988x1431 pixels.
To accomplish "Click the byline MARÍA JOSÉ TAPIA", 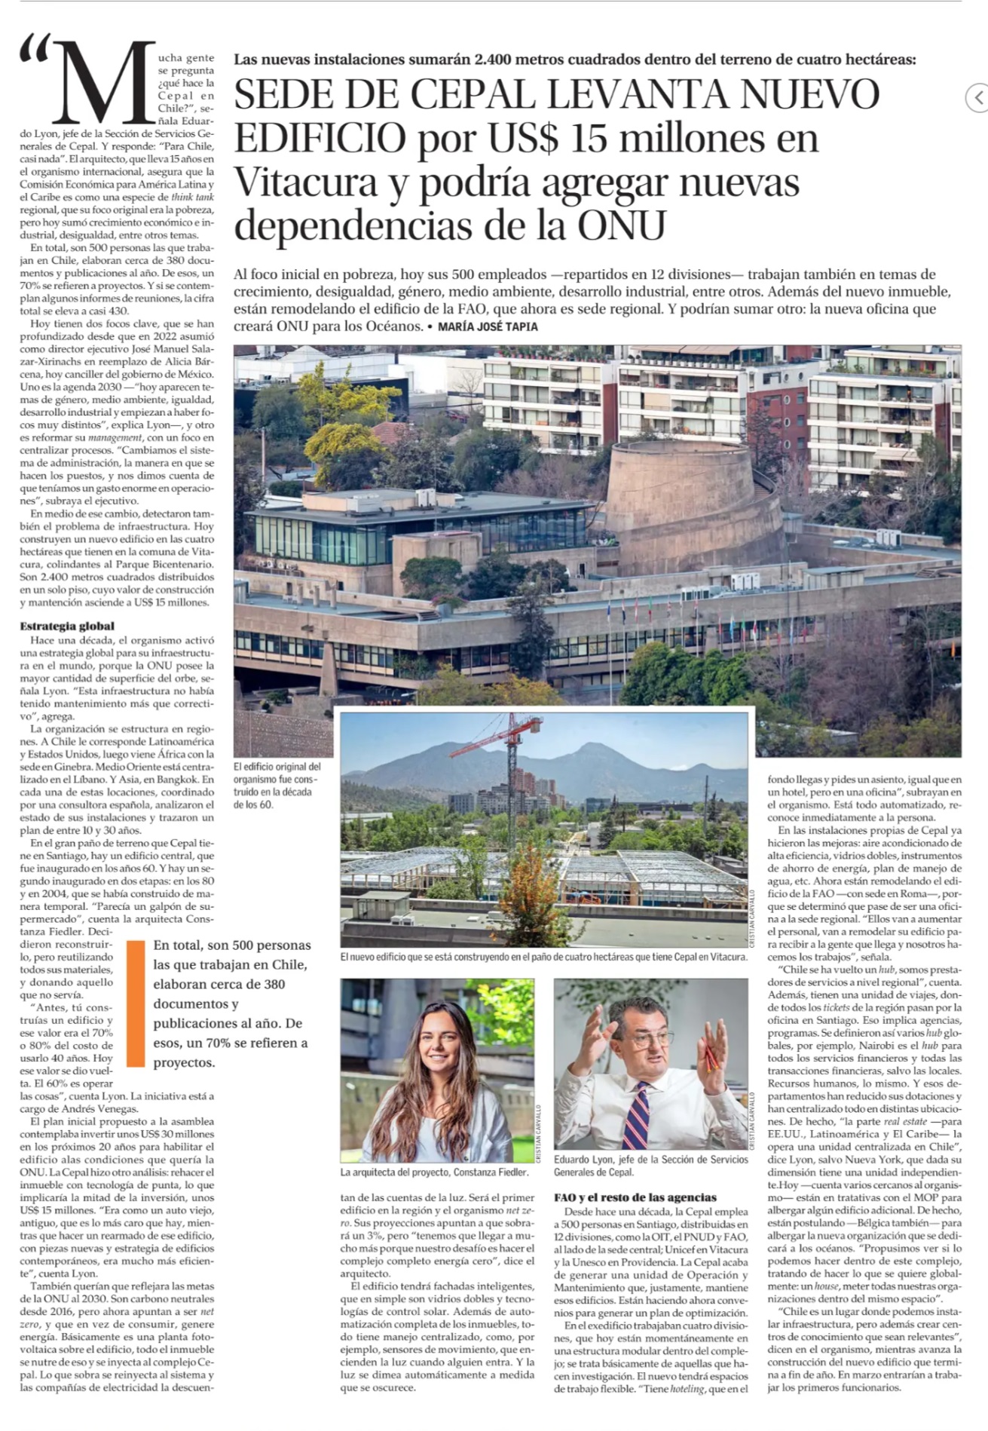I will click(487, 326).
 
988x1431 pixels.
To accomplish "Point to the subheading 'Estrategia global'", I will click(67, 626).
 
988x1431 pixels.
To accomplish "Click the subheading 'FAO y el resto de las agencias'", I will click(635, 1197).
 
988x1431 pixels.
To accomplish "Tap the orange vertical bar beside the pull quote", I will click(136, 1003).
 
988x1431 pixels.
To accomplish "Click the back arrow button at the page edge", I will click(977, 97).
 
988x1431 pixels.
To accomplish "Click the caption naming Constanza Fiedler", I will click(434, 1172).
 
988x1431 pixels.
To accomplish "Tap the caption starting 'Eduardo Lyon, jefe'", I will click(650, 1166).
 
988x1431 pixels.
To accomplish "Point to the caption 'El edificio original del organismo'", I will click(277, 785).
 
